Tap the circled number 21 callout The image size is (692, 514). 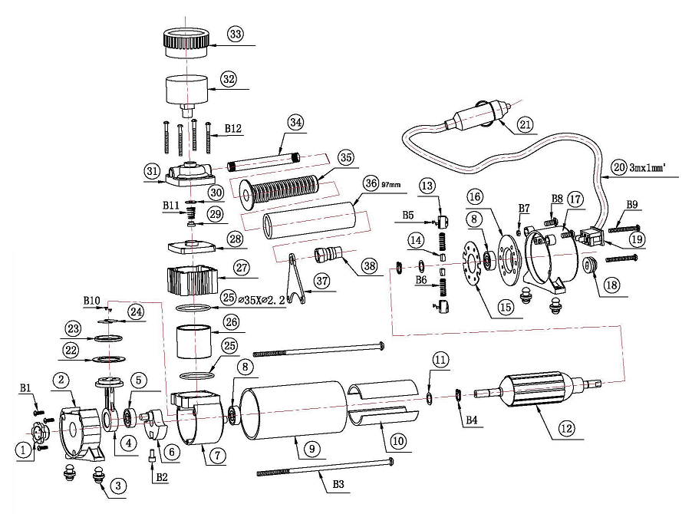point(525,125)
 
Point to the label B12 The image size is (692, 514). point(233,129)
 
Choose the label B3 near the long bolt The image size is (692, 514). point(338,484)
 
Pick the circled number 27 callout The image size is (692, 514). point(242,268)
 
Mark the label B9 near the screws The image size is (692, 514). point(633,205)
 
